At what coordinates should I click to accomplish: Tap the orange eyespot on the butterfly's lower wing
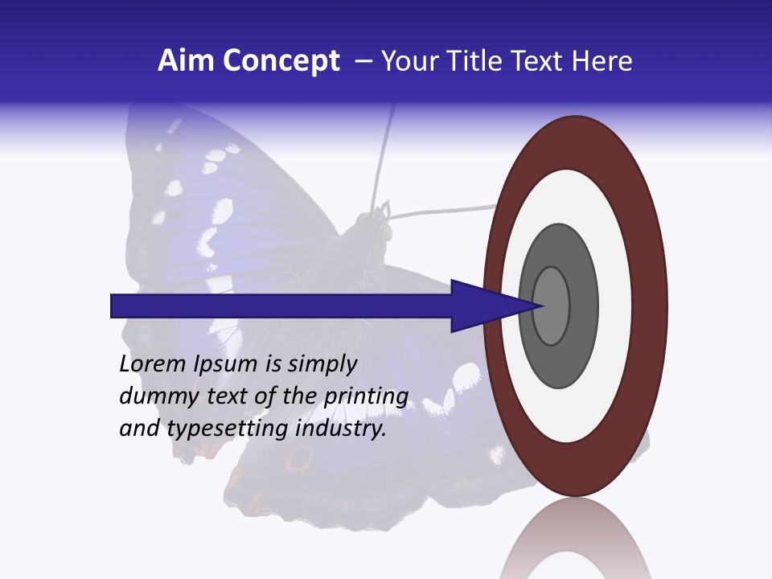(299, 459)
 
